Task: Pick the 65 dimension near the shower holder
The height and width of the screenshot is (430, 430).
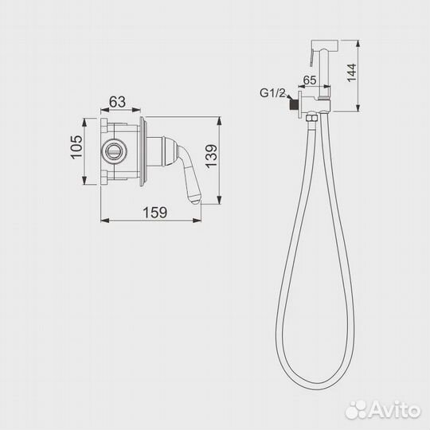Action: click(x=311, y=80)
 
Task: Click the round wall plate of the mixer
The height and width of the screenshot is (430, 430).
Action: click(x=143, y=150)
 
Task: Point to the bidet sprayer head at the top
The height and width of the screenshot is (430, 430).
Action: click(x=334, y=49)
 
